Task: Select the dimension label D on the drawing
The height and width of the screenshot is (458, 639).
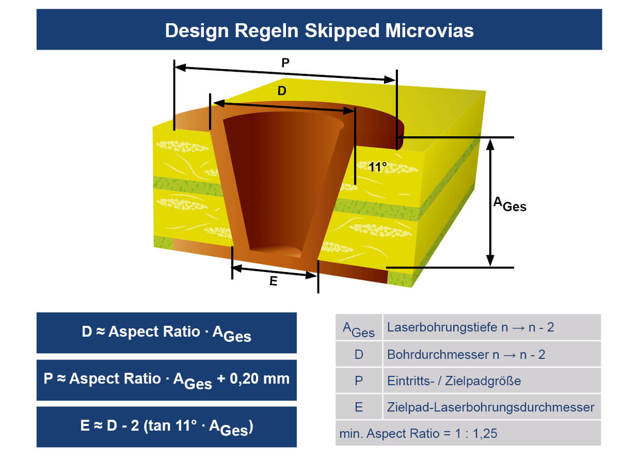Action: pyautogui.click(x=282, y=91)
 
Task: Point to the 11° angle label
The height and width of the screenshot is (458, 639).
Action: pyautogui.click(x=378, y=167)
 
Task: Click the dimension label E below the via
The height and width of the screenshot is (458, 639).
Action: pyautogui.click(x=274, y=282)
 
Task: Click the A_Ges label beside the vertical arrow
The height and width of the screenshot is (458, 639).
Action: pyautogui.click(x=509, y=204)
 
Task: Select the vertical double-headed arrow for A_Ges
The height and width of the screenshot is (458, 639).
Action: pyautogui.click(x=490, y=202)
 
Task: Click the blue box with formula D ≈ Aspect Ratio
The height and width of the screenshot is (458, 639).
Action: pyautogui.click(x=166, y=333)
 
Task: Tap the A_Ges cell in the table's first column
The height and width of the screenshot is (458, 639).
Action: pyautogui.click(x=359, y=329)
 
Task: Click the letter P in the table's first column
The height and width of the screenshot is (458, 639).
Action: pyautogui.click(x=359, y=381)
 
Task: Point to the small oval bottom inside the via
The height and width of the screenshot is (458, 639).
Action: pyautogui.click(x=277, y=250)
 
